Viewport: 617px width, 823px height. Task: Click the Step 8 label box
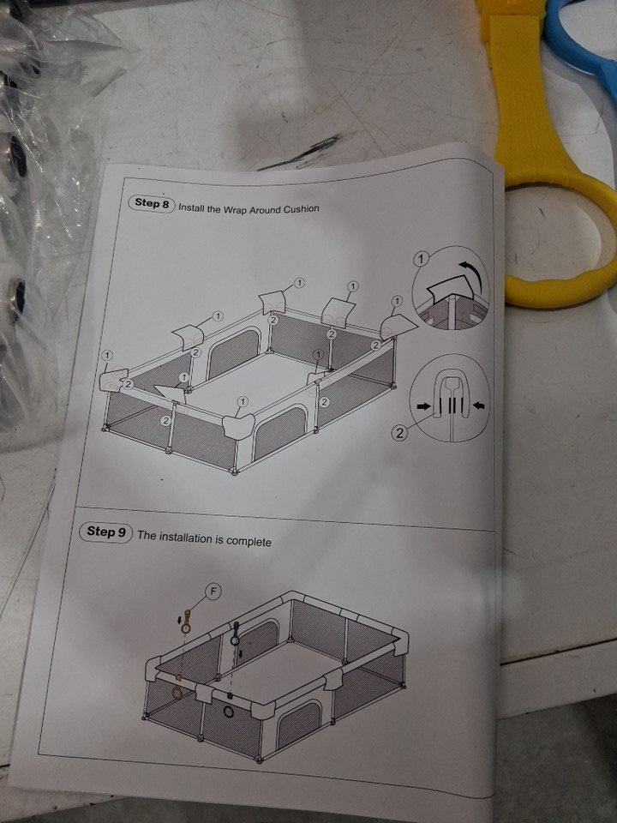152,204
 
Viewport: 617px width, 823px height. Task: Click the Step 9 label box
105,532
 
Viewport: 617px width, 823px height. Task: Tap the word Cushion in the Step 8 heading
301,209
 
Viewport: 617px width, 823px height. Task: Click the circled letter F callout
213,592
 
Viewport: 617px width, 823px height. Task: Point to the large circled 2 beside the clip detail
400,432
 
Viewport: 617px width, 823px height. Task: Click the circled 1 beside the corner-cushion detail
421,258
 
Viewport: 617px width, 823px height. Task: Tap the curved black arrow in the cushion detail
470,274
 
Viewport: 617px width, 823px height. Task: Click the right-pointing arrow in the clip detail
423,405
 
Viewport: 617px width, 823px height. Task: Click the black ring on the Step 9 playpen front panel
229,712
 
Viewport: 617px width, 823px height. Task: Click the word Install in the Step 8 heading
191,207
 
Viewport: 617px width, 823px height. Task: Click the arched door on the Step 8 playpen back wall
234,351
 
